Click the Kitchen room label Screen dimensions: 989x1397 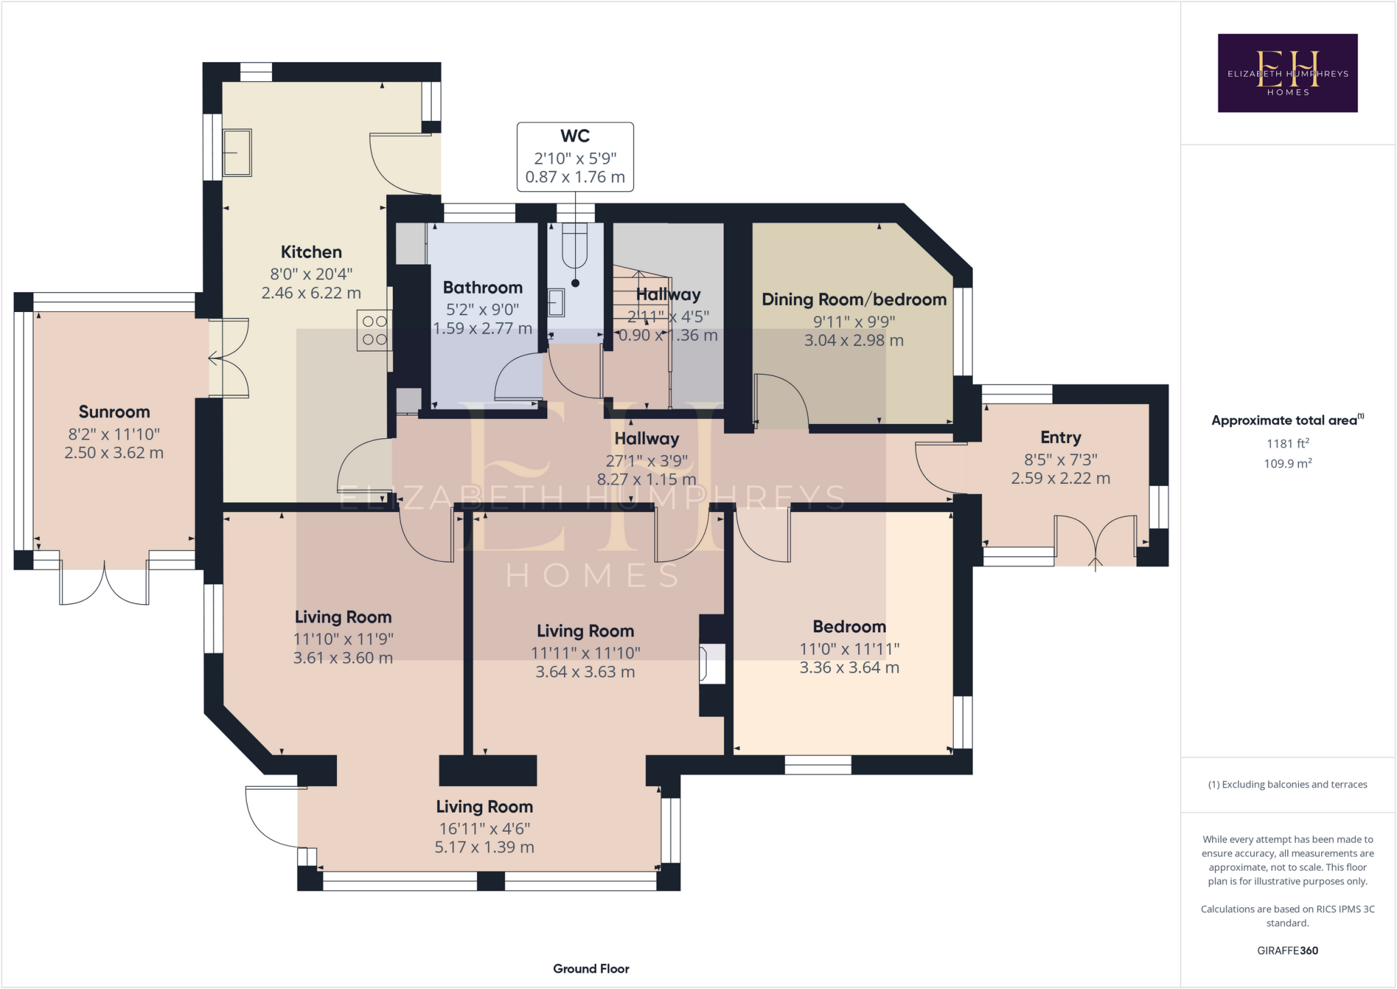pos(311,252)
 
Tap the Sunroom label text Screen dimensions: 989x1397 pos(114,412)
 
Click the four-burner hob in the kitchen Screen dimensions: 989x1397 pos(374,330)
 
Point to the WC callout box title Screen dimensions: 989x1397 pos(575,137)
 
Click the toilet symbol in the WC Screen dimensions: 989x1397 pos(575,246)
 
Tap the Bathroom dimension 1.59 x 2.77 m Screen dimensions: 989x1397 pos(482,328)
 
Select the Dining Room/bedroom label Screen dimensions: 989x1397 pos(853,299)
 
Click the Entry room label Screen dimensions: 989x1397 pos(1060,438)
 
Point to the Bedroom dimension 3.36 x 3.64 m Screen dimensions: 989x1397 pos(849,668)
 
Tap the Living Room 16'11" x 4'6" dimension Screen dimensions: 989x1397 pos(484,828)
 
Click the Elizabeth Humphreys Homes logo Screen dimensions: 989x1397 pos(1287,73)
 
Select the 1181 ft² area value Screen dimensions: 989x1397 pos(1287,444)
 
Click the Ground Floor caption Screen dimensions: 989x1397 pos(591,969)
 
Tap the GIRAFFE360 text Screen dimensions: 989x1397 pos(1287,950)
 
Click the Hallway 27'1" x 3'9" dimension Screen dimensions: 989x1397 pos(646,461)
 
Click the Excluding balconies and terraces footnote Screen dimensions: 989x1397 pos(1287,784)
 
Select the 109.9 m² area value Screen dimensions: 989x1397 pos(1287,463)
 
